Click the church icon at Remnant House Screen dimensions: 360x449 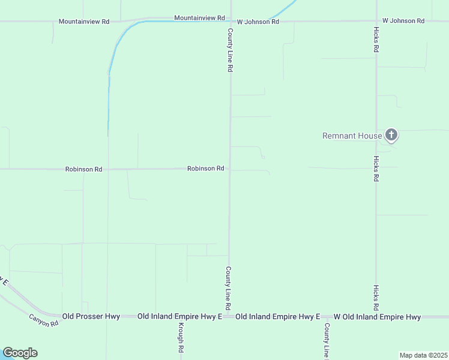point(391,135)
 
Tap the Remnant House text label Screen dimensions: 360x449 point(352,136)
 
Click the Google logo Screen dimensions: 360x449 point(20,353)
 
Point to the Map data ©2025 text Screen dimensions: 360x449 point(423,355)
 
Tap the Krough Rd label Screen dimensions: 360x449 point(180,337)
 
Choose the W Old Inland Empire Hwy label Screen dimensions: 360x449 point(377,316)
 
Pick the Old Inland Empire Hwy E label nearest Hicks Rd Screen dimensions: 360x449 point(278,316)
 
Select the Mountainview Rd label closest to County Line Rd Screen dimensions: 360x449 point(199,18)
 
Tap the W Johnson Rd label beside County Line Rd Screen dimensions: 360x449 point(258,22)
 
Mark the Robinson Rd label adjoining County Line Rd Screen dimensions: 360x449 point(205,169)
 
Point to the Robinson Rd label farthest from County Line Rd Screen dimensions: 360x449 point(84,169)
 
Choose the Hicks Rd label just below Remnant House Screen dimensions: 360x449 point(376,169)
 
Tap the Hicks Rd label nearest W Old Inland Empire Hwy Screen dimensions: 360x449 point(376,298)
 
